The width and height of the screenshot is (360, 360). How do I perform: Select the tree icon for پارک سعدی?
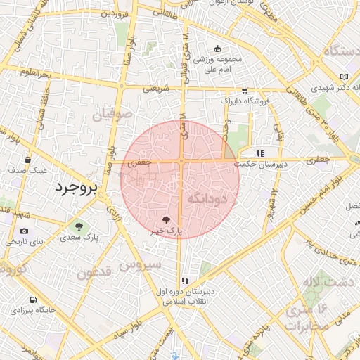79,226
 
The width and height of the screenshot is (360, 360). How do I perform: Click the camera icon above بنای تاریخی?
25,231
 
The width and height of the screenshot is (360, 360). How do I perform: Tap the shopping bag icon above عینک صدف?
27,160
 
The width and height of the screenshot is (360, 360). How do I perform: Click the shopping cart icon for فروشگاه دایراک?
244,90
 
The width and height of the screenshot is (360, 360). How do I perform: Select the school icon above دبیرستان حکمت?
259,153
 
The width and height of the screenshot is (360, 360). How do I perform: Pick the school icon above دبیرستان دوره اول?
185,280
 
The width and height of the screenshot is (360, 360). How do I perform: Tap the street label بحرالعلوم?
35,73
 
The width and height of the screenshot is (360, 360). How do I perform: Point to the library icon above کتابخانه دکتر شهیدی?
343,77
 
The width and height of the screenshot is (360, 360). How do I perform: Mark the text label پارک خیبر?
168,230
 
